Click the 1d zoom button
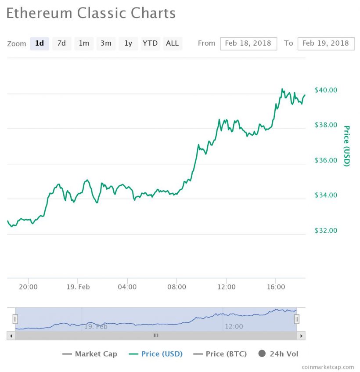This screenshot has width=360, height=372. pos(40,43)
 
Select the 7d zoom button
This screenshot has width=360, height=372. pos(61,43)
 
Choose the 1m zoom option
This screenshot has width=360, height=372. pos(83,43)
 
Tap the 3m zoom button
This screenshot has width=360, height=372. pos(106,43)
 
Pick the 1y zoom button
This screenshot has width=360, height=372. pos(128,43)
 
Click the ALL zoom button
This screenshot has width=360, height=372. pos(172,43)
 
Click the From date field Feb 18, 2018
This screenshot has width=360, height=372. pos(248,43)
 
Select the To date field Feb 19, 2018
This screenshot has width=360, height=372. pos(325,43)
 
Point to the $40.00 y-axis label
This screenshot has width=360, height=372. pos(326,90)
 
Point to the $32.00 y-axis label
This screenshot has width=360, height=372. pos(326,231)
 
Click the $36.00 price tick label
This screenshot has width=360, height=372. pos(326,160)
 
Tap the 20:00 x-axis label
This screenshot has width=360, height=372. pos(28,287)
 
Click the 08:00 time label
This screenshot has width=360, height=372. pos(176,287)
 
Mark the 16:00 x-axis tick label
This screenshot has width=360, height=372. pos(276,287)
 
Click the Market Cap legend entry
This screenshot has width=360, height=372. pos(90,354)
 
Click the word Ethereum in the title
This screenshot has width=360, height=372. pos(40,13)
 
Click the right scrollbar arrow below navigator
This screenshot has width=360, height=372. pos(301,336)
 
